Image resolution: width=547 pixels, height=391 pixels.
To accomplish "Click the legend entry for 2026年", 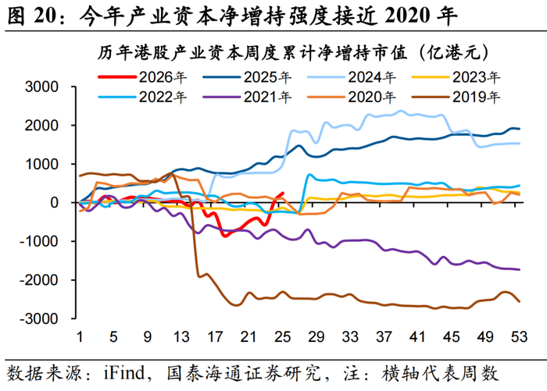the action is [142, 77].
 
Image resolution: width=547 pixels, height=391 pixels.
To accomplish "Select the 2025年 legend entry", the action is [247, 77].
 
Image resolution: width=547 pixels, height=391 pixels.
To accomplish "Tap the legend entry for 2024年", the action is [352, 77].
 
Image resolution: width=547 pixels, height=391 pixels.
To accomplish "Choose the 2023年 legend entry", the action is [456, 77].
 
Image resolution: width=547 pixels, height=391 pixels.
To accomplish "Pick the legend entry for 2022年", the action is [142, 97].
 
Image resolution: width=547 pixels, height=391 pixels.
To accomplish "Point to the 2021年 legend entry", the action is [247, 97].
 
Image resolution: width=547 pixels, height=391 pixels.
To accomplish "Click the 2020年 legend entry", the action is [352, 97].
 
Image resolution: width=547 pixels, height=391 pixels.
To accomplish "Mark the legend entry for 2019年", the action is [456, 97].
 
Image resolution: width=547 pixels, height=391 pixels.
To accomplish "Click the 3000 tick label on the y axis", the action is [41, 87].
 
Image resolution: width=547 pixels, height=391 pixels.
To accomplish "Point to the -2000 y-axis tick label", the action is [39, 280].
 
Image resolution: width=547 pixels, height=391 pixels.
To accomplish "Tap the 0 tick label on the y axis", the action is [54, 203].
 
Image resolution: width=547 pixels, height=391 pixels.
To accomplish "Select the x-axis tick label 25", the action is [282, 336].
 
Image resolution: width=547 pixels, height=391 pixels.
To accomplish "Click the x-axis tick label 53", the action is [519, 336].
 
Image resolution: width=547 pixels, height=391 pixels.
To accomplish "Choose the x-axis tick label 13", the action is [181, 336].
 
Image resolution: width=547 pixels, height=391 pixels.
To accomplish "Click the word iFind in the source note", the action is [123, 372].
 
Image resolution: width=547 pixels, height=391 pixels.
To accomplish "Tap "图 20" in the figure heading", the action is [31, 16].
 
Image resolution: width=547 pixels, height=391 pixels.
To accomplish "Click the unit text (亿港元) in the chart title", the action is [453, 52].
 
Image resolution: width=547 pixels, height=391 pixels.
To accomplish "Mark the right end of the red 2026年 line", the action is [283, 193].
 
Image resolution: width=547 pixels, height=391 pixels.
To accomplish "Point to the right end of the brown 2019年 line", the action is [520, 302].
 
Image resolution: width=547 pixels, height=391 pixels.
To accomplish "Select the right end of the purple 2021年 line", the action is [520, 269].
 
